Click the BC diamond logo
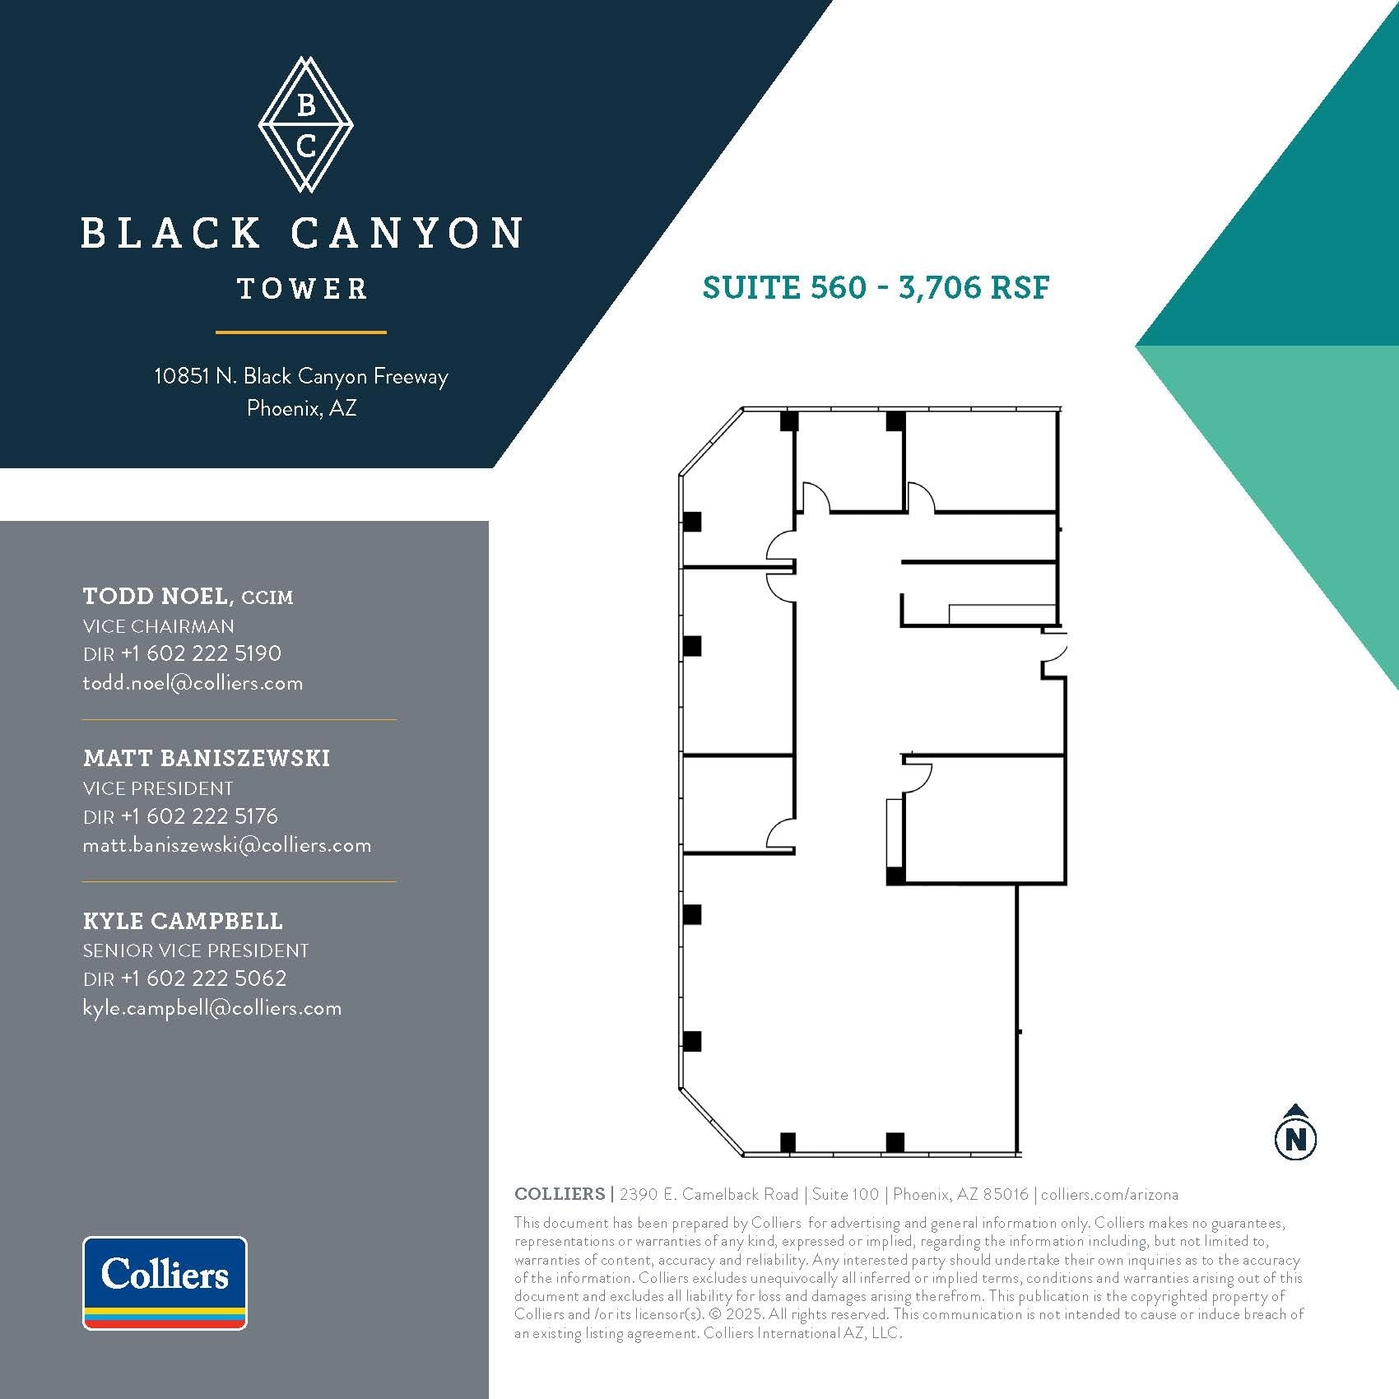click(305, 125)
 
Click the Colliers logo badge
click(165, 1282)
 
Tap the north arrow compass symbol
click(1295, 1132)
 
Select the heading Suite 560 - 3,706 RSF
click(876, 287)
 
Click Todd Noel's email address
click(193, 683)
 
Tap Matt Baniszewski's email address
click(226, 845)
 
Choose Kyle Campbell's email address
click(211, 1008)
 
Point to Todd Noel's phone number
click(201, 653)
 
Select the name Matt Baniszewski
click(206, 758)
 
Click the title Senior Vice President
click(195, 950)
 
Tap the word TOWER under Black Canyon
click(302, 289)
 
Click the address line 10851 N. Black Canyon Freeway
click(301, 376)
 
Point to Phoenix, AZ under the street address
click(301, 408)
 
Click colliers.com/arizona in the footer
click(1109, 1194)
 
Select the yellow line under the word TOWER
click(301, 332)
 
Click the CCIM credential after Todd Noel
click(267, 597)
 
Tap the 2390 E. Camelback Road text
click(709, 1194)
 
